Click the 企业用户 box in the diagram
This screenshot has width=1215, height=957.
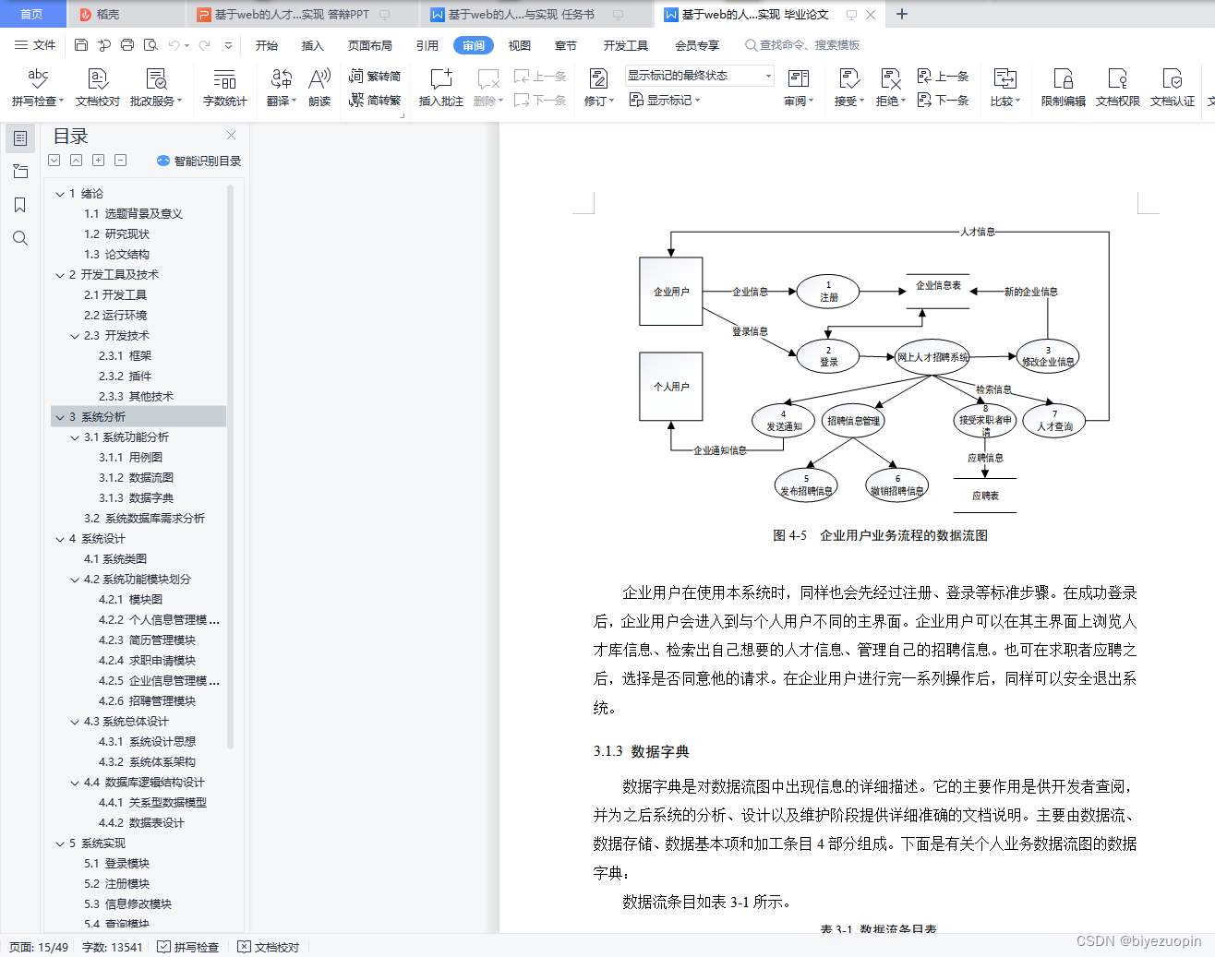click(x=671, y=292)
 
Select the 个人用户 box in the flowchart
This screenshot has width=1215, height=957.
click(x=671, y=387)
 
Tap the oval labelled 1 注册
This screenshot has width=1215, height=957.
click(x=828, y=292)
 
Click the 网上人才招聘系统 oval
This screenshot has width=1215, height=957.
click(x=932, y=357)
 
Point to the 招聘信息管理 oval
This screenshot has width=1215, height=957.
click(x=853, y=421)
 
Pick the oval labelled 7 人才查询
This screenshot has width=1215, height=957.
click(x=1054, y=421)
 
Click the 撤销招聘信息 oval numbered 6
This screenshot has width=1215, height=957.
click(x=896, y=485)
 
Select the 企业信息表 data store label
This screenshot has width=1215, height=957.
click(x=938, y=286)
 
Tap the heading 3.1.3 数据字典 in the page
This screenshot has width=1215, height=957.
click(x=642, y=751)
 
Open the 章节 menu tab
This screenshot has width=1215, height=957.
click(x=565, y=45)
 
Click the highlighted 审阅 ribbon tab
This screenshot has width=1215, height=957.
click(x=474, y=45)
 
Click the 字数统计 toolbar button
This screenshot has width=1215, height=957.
click(x=224, y=88)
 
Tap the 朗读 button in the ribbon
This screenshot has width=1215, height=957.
click(x=319, y=88)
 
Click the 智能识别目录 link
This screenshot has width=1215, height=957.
click(x=199, y=161)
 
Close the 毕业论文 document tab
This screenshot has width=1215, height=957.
click(x=871, y=15)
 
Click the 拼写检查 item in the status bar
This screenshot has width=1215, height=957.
click(x=188, y=947)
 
